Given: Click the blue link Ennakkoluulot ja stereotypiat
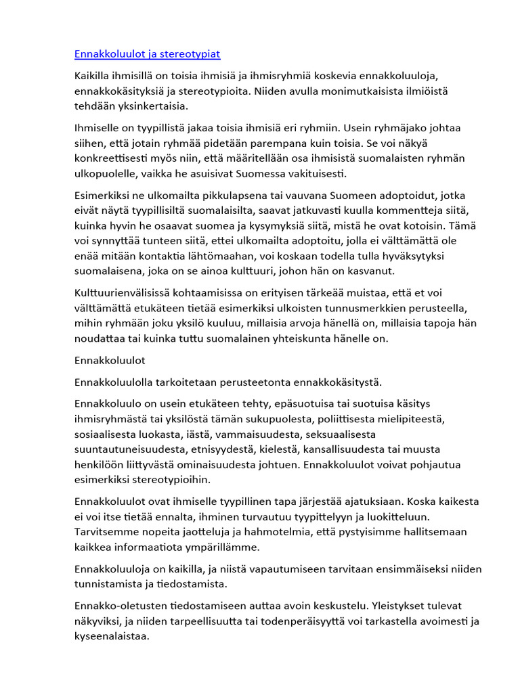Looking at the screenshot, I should click(x=147, y=54).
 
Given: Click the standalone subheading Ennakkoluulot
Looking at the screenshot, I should click(x=110, y=360).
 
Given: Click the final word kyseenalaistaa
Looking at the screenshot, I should click(x=112, y=637).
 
